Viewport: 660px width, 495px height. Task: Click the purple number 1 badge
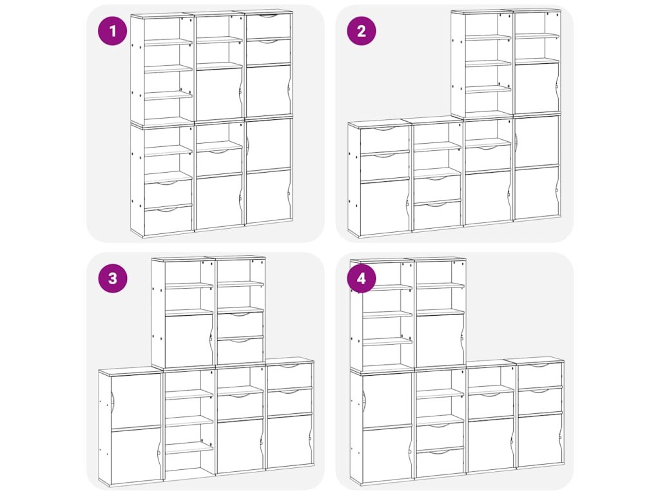[112, 31]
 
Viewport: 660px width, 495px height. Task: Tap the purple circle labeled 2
[361, 31]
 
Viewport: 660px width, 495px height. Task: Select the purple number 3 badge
[112, 278]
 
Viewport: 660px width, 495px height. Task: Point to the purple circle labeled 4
[361, 278]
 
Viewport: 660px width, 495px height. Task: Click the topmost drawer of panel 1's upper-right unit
[269, 26]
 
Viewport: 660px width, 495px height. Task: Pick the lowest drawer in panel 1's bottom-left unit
[168, 220]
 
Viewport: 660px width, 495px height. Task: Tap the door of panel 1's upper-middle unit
[219, 95]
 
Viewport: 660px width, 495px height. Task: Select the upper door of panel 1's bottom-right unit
[269, 145]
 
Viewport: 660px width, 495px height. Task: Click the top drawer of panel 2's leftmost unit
[385, 139]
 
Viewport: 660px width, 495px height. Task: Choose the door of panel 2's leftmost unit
[385, 207]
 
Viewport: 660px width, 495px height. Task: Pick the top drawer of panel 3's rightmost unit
[289, 376]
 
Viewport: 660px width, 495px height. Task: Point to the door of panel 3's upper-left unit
[189, 342]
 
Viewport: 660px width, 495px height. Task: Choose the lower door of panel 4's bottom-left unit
[387, 454]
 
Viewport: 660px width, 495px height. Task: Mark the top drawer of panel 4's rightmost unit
[539, 375]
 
